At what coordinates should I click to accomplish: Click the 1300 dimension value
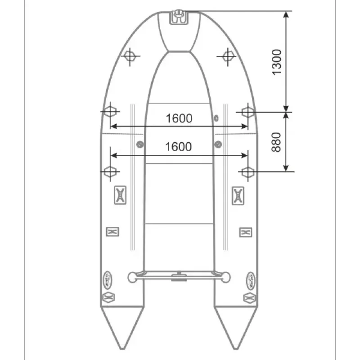coord(277,62)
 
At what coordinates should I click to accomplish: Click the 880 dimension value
coord(277,142)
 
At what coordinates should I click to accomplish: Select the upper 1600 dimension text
coord(179,118)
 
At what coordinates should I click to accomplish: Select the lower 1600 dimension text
coord(179,147)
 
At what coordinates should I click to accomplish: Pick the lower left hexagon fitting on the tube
coord(110,171)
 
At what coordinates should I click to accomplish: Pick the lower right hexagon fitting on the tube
coord(247,171)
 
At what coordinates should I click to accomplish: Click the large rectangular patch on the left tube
coord(120,195)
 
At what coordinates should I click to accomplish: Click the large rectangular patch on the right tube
coord(238,195)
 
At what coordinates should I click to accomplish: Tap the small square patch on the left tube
coord(112,232)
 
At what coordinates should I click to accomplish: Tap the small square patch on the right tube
coord(245,232)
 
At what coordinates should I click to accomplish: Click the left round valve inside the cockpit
coord(140,144)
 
